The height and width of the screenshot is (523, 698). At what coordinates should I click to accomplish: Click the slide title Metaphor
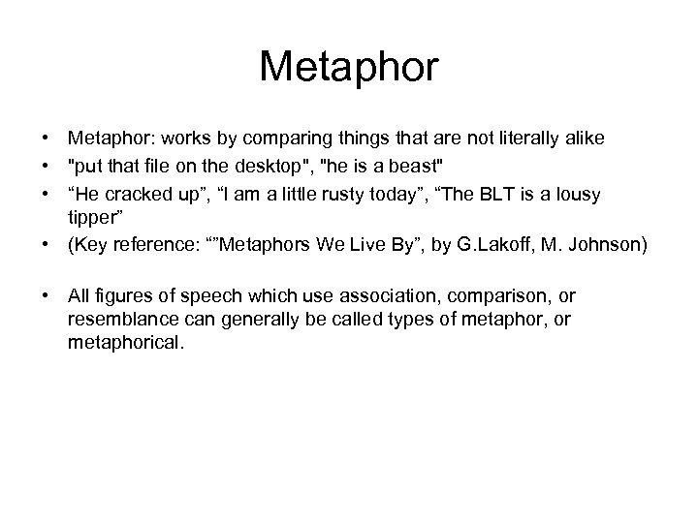[349, 68]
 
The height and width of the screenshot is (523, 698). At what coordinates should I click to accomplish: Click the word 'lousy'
[578, 195]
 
